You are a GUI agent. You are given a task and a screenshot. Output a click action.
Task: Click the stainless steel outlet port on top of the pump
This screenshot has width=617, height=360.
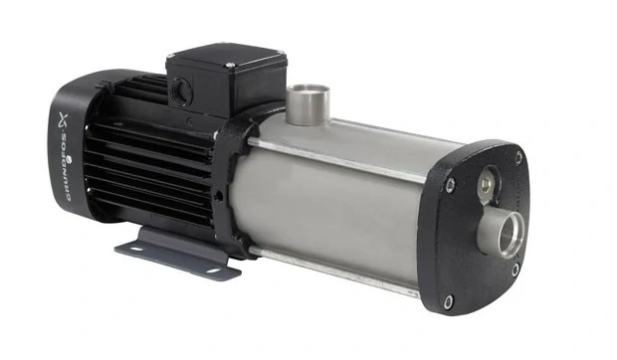(x=307, y=103)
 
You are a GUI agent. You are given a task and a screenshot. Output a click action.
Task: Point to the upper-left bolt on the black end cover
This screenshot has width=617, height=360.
(x=450, y=183)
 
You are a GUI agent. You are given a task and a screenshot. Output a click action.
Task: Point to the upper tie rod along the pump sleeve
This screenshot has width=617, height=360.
(x=338, y=160)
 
